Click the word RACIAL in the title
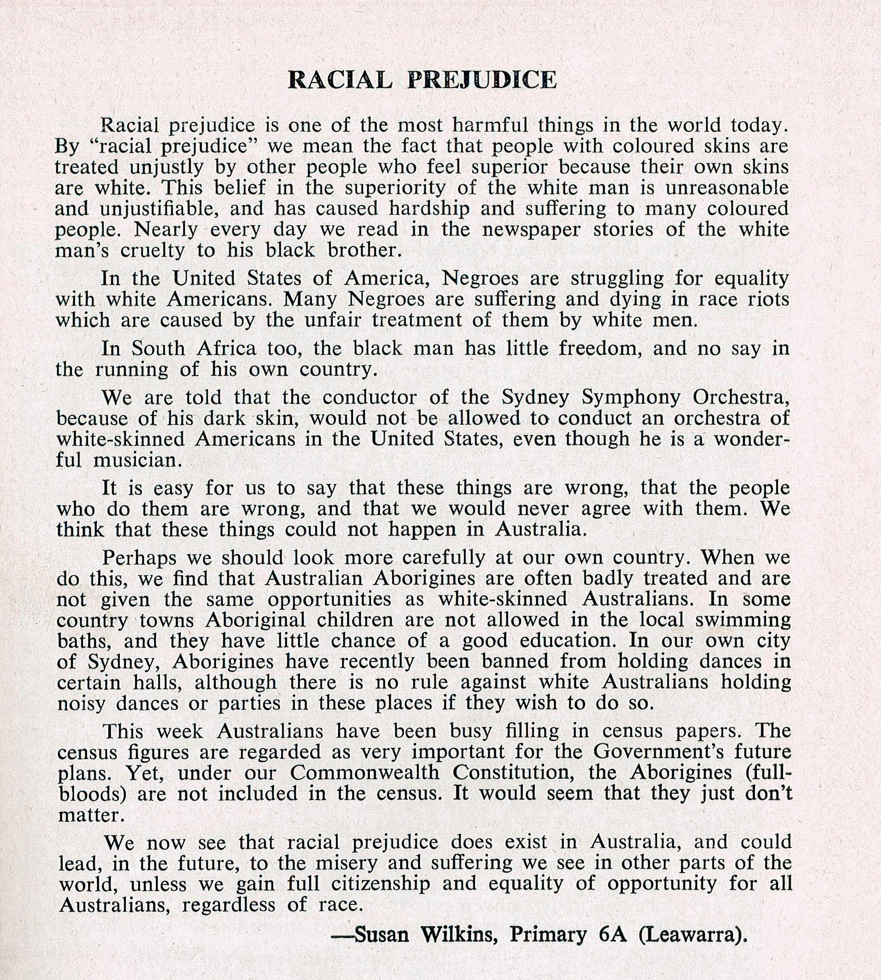tap(339, 80)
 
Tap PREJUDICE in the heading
tap(481, 80)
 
